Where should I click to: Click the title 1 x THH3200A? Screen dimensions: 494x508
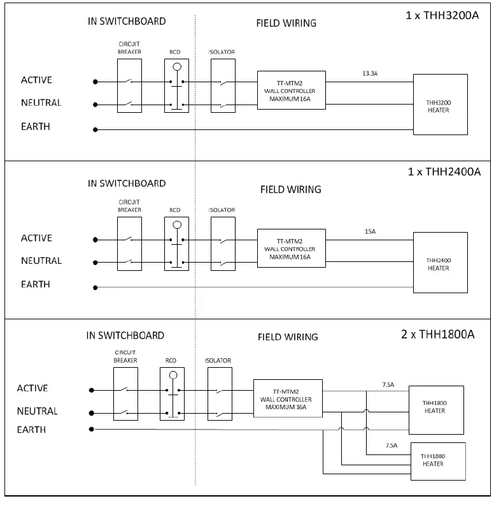442,15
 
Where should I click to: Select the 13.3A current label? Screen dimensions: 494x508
370,73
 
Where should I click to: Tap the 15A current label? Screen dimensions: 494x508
370,231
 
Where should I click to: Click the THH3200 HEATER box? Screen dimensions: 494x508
441,105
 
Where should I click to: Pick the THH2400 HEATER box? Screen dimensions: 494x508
441,263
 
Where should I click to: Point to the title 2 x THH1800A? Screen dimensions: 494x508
438,334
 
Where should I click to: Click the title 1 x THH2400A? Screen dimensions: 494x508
444,171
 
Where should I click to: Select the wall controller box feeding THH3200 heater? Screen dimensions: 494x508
292,90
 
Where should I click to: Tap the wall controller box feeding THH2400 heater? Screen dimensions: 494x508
292,248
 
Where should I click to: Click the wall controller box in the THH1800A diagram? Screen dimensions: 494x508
288,398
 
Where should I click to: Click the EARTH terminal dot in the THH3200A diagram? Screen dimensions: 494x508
95,129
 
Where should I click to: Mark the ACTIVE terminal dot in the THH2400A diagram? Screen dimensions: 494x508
95,240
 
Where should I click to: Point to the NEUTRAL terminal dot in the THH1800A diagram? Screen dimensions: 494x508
92,413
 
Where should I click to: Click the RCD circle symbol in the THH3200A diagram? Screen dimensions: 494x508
177,67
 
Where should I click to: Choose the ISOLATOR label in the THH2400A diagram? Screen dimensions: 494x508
222,210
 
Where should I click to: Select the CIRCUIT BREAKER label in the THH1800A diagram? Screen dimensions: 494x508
125,356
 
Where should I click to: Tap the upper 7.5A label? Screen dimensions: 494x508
388,385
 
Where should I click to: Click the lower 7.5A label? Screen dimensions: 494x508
391,446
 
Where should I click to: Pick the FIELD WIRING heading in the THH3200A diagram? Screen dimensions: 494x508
286,24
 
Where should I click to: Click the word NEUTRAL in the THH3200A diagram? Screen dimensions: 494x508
41,103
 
